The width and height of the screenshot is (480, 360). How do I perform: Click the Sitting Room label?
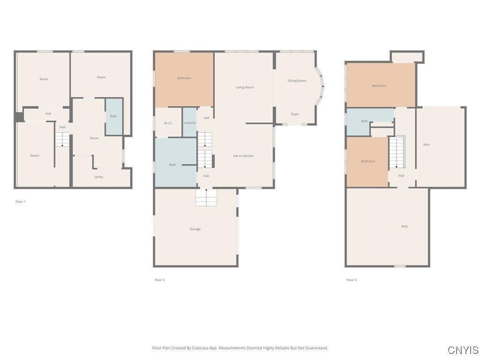(x=297, y=81)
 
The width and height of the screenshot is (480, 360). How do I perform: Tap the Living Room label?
(x=245, y=87)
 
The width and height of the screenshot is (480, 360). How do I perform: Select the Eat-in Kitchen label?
(x=243, y=156)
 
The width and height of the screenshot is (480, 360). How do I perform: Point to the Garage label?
(x=195, y=229)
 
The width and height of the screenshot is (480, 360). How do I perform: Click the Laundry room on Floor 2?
(x=190, y=122)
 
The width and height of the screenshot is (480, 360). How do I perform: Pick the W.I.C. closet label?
(x=168, y=123)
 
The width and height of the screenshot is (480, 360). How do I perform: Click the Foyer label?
(x=295, y=114)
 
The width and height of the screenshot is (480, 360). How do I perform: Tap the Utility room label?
(x=98, y=177)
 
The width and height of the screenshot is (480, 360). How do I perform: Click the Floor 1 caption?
(x=21, y=202)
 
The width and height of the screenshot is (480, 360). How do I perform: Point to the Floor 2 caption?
(x=160, y=280)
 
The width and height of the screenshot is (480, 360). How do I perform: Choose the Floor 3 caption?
(x=352, y=280)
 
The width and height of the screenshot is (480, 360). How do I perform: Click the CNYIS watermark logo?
(x=463, y=350)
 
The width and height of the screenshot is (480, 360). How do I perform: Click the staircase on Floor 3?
(x=397, y=152)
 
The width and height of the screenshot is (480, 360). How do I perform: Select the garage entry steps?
(x=206, y=197)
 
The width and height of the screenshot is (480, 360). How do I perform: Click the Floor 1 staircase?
(x=62, y=139)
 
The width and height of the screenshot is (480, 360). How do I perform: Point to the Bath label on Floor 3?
(x=364, y=121)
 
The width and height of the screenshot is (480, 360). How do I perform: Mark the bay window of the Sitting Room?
(x=320, y=86)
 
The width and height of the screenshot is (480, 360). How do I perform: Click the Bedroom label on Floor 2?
(x=184, y=78)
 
